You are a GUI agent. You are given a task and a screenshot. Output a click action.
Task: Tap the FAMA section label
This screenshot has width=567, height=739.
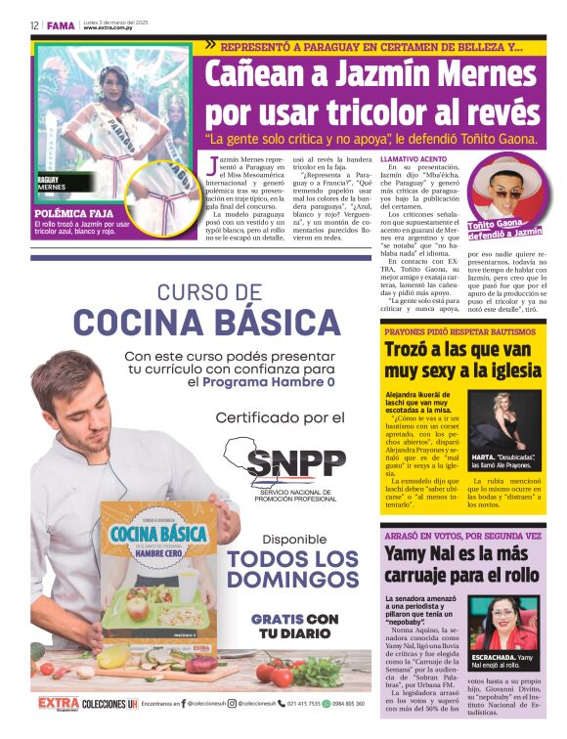tap(61, 24)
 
